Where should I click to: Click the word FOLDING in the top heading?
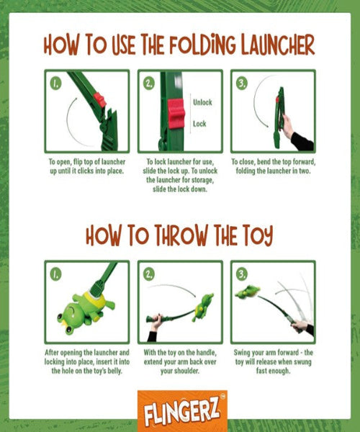[202, 45]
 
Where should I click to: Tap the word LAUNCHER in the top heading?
[278, 45]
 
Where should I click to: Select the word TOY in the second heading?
[257, 235]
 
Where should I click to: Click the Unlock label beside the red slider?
[202, 102]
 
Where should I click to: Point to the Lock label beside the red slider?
[199, 124]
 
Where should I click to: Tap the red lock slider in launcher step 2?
[176, 114]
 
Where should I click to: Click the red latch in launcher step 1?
[99, 100]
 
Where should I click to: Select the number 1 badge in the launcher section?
[55, 83]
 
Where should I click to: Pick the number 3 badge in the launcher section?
[242, 83]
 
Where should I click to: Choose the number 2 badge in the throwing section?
[149, 274]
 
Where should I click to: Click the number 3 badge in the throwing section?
[242, 274]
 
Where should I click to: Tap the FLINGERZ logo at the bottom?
[182, 410]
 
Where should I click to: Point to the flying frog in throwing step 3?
[248, 292]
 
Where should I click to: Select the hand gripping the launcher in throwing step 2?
[156, 322]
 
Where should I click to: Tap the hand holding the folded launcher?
[288, 127]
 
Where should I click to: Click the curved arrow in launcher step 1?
[68, 121]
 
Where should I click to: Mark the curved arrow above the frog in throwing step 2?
[173, 289]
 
